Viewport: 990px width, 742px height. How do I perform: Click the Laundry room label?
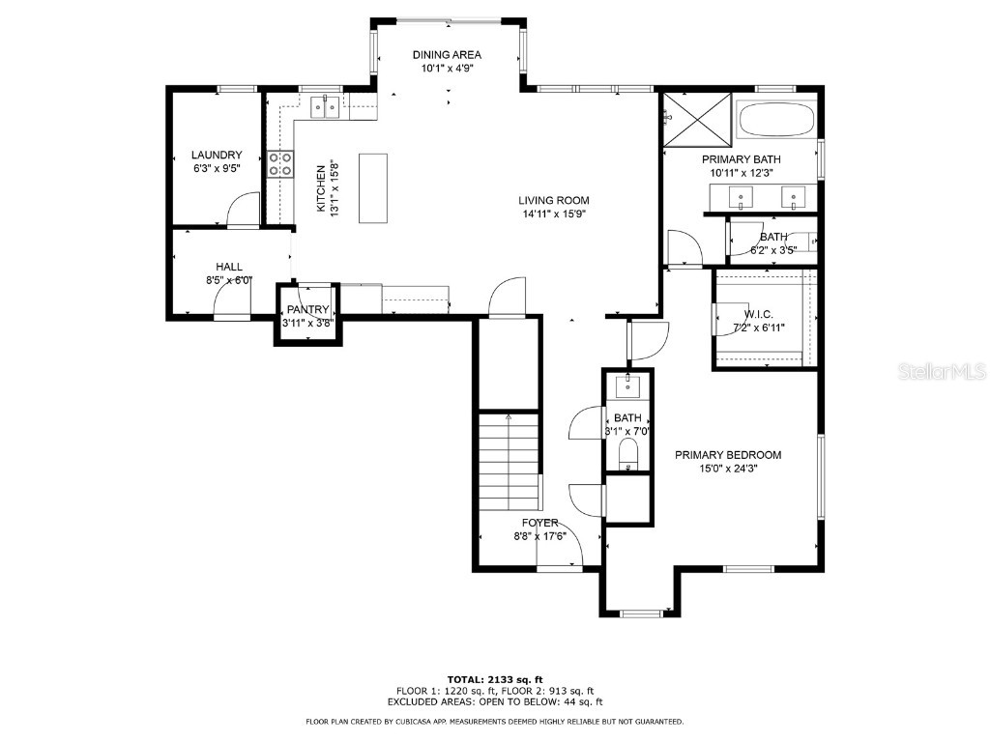[x=216, y=155]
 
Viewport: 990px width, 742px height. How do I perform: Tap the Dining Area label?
[x=447, y=55]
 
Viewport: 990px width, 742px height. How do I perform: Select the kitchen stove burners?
[x=280, y=165]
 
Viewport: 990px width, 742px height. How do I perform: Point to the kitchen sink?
[x=325, y=107]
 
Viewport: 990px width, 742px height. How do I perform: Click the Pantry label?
[x=307, y=310]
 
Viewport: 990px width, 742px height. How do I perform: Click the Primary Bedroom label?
[x=728, y=455]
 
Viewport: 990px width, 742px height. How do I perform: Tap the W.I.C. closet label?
[x=760, y=315]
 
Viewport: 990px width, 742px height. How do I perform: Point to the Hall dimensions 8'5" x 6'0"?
[x=228, y=280]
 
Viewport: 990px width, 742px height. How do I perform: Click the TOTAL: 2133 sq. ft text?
[x=494, y=679]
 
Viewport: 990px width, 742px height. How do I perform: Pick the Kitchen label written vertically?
[x=322, y=187]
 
